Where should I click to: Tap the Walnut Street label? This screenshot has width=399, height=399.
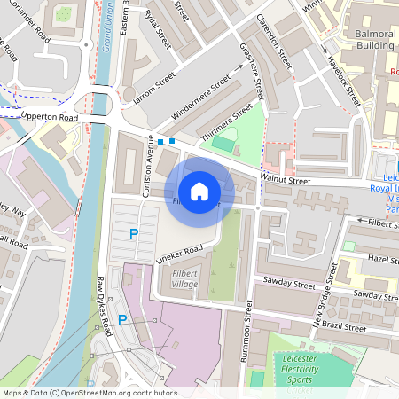(285, 181)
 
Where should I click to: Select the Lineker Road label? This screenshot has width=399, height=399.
(181, 254)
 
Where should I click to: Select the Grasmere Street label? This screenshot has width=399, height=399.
(254, 73)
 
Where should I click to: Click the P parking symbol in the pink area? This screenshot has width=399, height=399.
(122, 320)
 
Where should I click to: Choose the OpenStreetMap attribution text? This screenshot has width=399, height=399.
(89, 393)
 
